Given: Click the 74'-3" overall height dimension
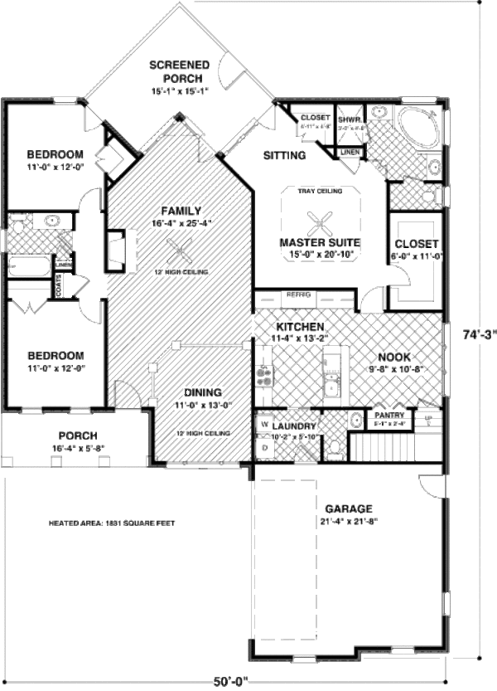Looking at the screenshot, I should pyautogui.click(x=480, y=334).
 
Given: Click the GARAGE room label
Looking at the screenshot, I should pyautogui.click(x=348, y=509).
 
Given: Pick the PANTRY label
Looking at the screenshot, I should pyautogui.click(x=389, y=415).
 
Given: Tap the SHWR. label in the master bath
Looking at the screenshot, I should pyautogui.click(x=348, y=119).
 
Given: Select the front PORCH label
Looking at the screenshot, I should pyautogui.click(x=79, y=436).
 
